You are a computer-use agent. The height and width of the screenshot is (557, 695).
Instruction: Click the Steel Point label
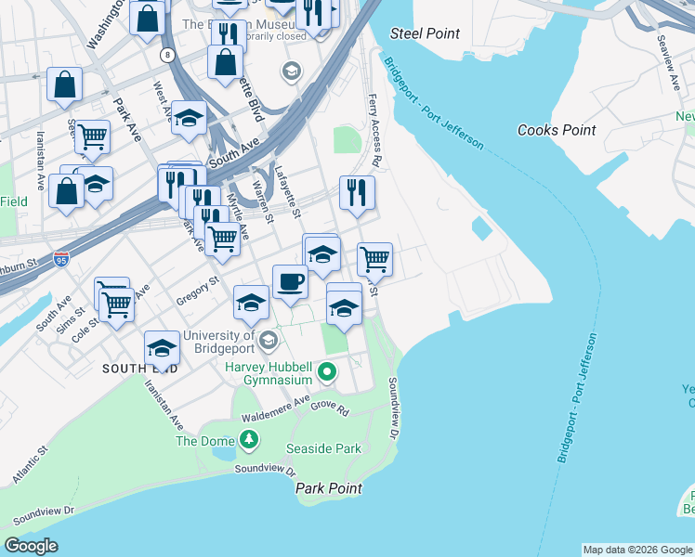[x=425, y=33]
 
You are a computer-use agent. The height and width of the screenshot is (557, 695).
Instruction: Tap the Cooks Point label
[x=557, y=130]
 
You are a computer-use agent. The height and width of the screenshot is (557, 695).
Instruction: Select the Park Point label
[x=328, y=488]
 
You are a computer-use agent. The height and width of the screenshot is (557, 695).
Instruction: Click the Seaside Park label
[x=323, y=448]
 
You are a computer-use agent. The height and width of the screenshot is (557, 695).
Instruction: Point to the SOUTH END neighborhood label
[x=140, y=369]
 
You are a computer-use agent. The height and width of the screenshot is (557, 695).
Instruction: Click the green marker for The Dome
[x=248, y=437]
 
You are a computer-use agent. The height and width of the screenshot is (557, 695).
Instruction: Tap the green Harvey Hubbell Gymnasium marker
[x=327, y=373]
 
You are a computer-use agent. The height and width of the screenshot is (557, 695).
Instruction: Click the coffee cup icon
[x=290, y=280]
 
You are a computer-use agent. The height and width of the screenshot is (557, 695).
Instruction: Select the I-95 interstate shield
[x=61, y=257]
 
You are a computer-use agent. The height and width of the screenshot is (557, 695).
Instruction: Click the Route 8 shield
[x=167, y=56]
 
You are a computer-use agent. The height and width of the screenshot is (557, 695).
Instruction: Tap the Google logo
[x=32, y=546]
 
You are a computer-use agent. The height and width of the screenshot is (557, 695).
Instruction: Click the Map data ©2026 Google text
[x=636, y=550]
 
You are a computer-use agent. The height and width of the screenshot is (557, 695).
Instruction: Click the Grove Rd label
[x=330, y=407]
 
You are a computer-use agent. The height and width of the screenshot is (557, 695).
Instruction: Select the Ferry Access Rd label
[x=374, y=129]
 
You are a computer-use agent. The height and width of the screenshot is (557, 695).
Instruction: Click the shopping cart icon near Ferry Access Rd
[x=374, y=258]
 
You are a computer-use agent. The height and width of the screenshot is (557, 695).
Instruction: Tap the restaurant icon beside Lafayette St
[x=357, y=191]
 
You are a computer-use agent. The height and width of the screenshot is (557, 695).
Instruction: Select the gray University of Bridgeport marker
[x=268, y=341]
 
